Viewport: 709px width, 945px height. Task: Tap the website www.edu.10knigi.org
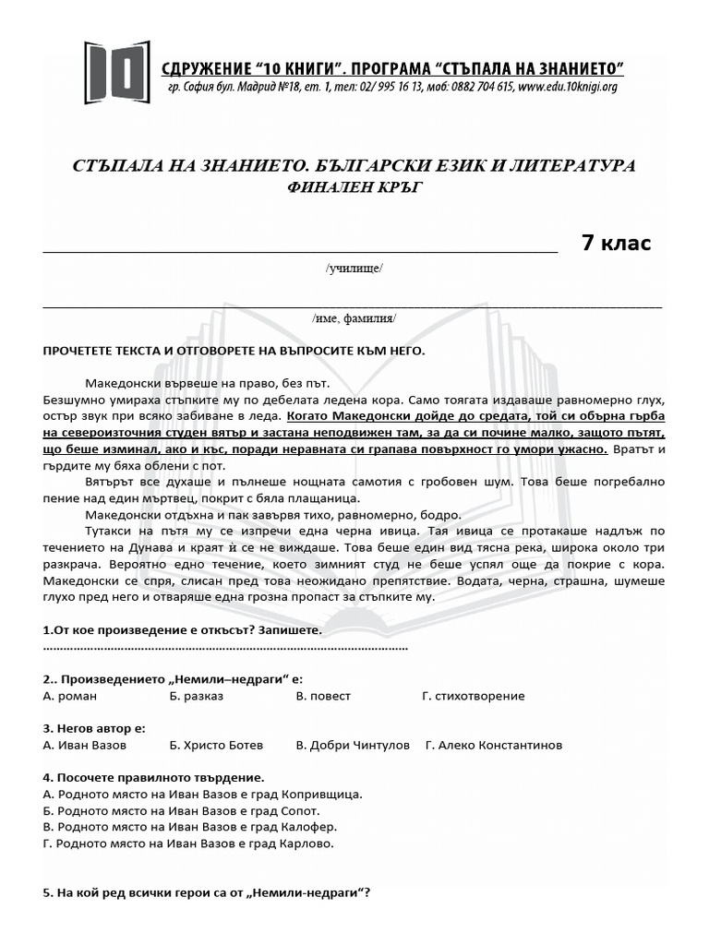(567, 88)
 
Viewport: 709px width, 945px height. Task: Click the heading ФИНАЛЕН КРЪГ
(354, 187)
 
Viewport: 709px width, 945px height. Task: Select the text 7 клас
(616, 244)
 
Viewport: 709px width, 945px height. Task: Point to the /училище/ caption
(354, 269)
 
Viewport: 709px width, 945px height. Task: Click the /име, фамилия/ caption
(354, 317)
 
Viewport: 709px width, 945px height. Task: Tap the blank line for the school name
(300, 249)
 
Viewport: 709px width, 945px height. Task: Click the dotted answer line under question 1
(225, 648)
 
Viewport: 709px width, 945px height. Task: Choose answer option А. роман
(70, 696)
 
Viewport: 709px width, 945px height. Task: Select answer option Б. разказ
(197, 696)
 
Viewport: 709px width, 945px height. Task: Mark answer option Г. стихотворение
(473, 696)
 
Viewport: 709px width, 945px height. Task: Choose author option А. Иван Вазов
(85, 745)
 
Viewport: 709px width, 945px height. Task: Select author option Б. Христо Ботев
(217, 745)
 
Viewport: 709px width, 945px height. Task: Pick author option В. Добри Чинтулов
(353, 745)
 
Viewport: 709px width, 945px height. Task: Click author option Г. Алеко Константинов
(494, 745)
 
